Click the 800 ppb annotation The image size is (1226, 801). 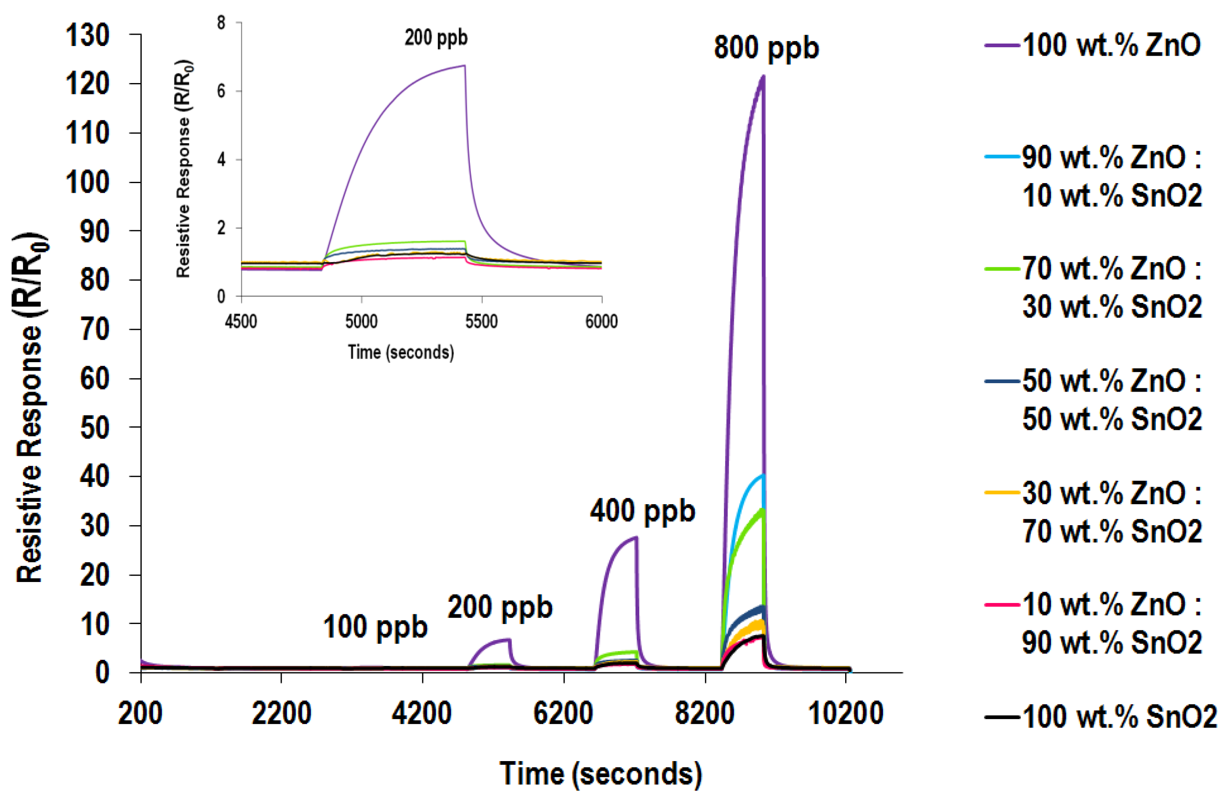click(766, 48)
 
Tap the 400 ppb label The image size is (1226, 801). click(642, 511)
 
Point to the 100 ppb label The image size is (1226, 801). click(375, 627)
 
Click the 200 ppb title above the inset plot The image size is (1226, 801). click(436, 38)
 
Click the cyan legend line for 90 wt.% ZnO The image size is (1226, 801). click(1002, 156)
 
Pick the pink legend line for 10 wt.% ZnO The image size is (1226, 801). click(1002, 604)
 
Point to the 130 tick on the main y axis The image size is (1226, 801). click(87, 36)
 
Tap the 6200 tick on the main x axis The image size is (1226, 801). click(563, 714)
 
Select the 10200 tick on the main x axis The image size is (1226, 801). click(845, 714)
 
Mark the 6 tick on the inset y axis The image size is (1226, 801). click(222, 91)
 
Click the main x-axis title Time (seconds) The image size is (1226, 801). click(601, 774)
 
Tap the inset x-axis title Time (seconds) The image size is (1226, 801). click(401, 353)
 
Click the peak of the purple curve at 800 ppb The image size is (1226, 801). click(763, 77)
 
